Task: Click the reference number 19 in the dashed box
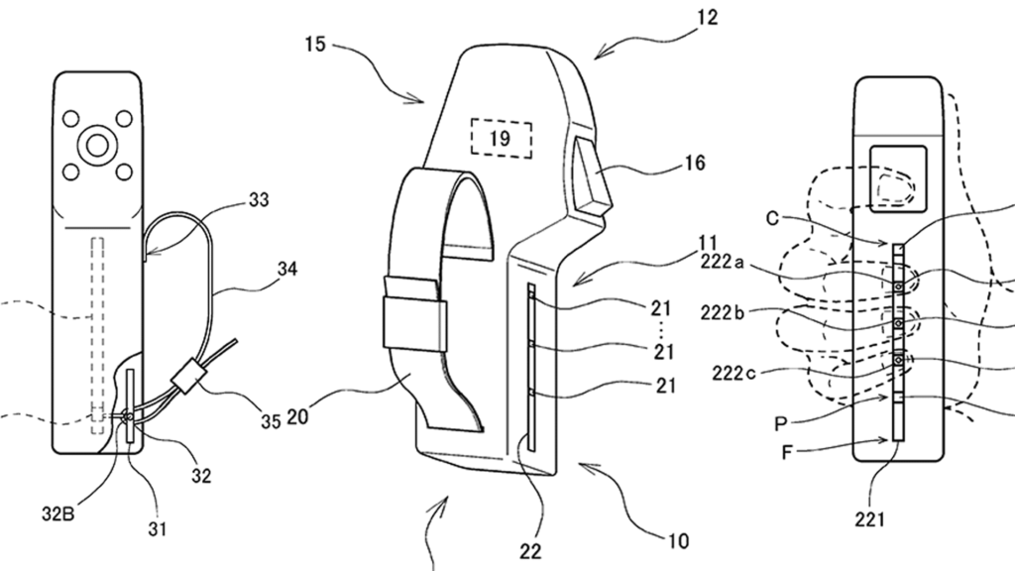[500, 139]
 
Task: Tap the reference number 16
[696, 164]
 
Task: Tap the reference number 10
[677, 541]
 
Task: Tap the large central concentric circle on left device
[96, 145]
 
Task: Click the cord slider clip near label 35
[186, 380]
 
